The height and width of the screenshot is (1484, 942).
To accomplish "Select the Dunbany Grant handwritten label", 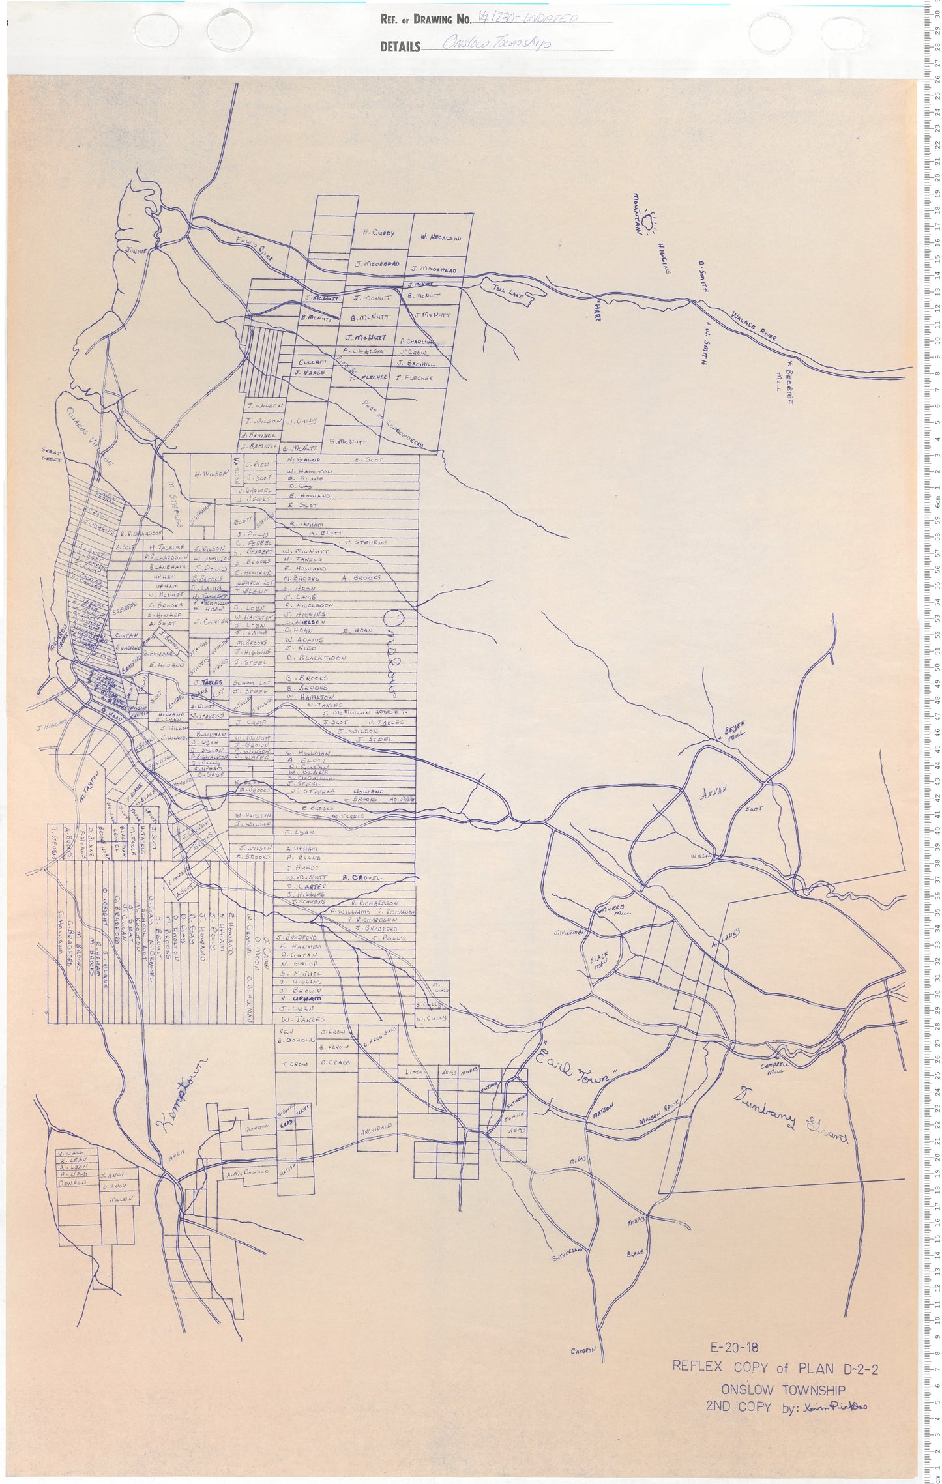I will pyautogui.click(x=789, y=1115).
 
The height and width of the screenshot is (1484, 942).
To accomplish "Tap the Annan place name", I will pyautogui.click(x=712, y=794).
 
